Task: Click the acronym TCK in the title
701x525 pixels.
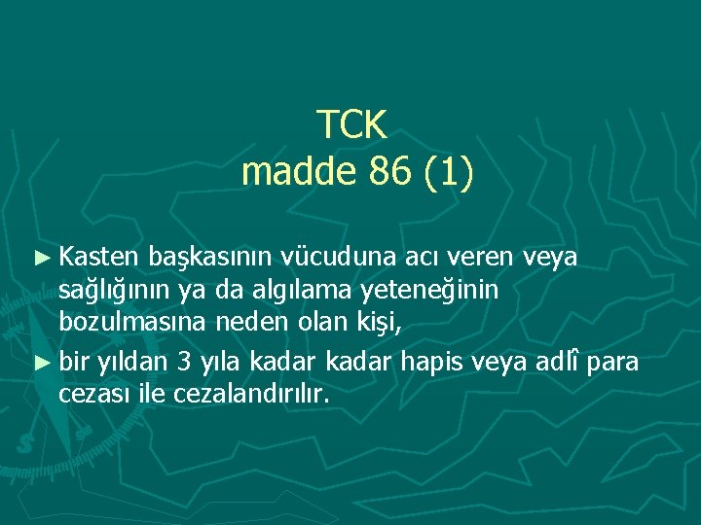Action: [352, 124]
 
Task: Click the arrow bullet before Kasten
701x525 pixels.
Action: [40, 258]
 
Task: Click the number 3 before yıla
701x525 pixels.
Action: [185, 363]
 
